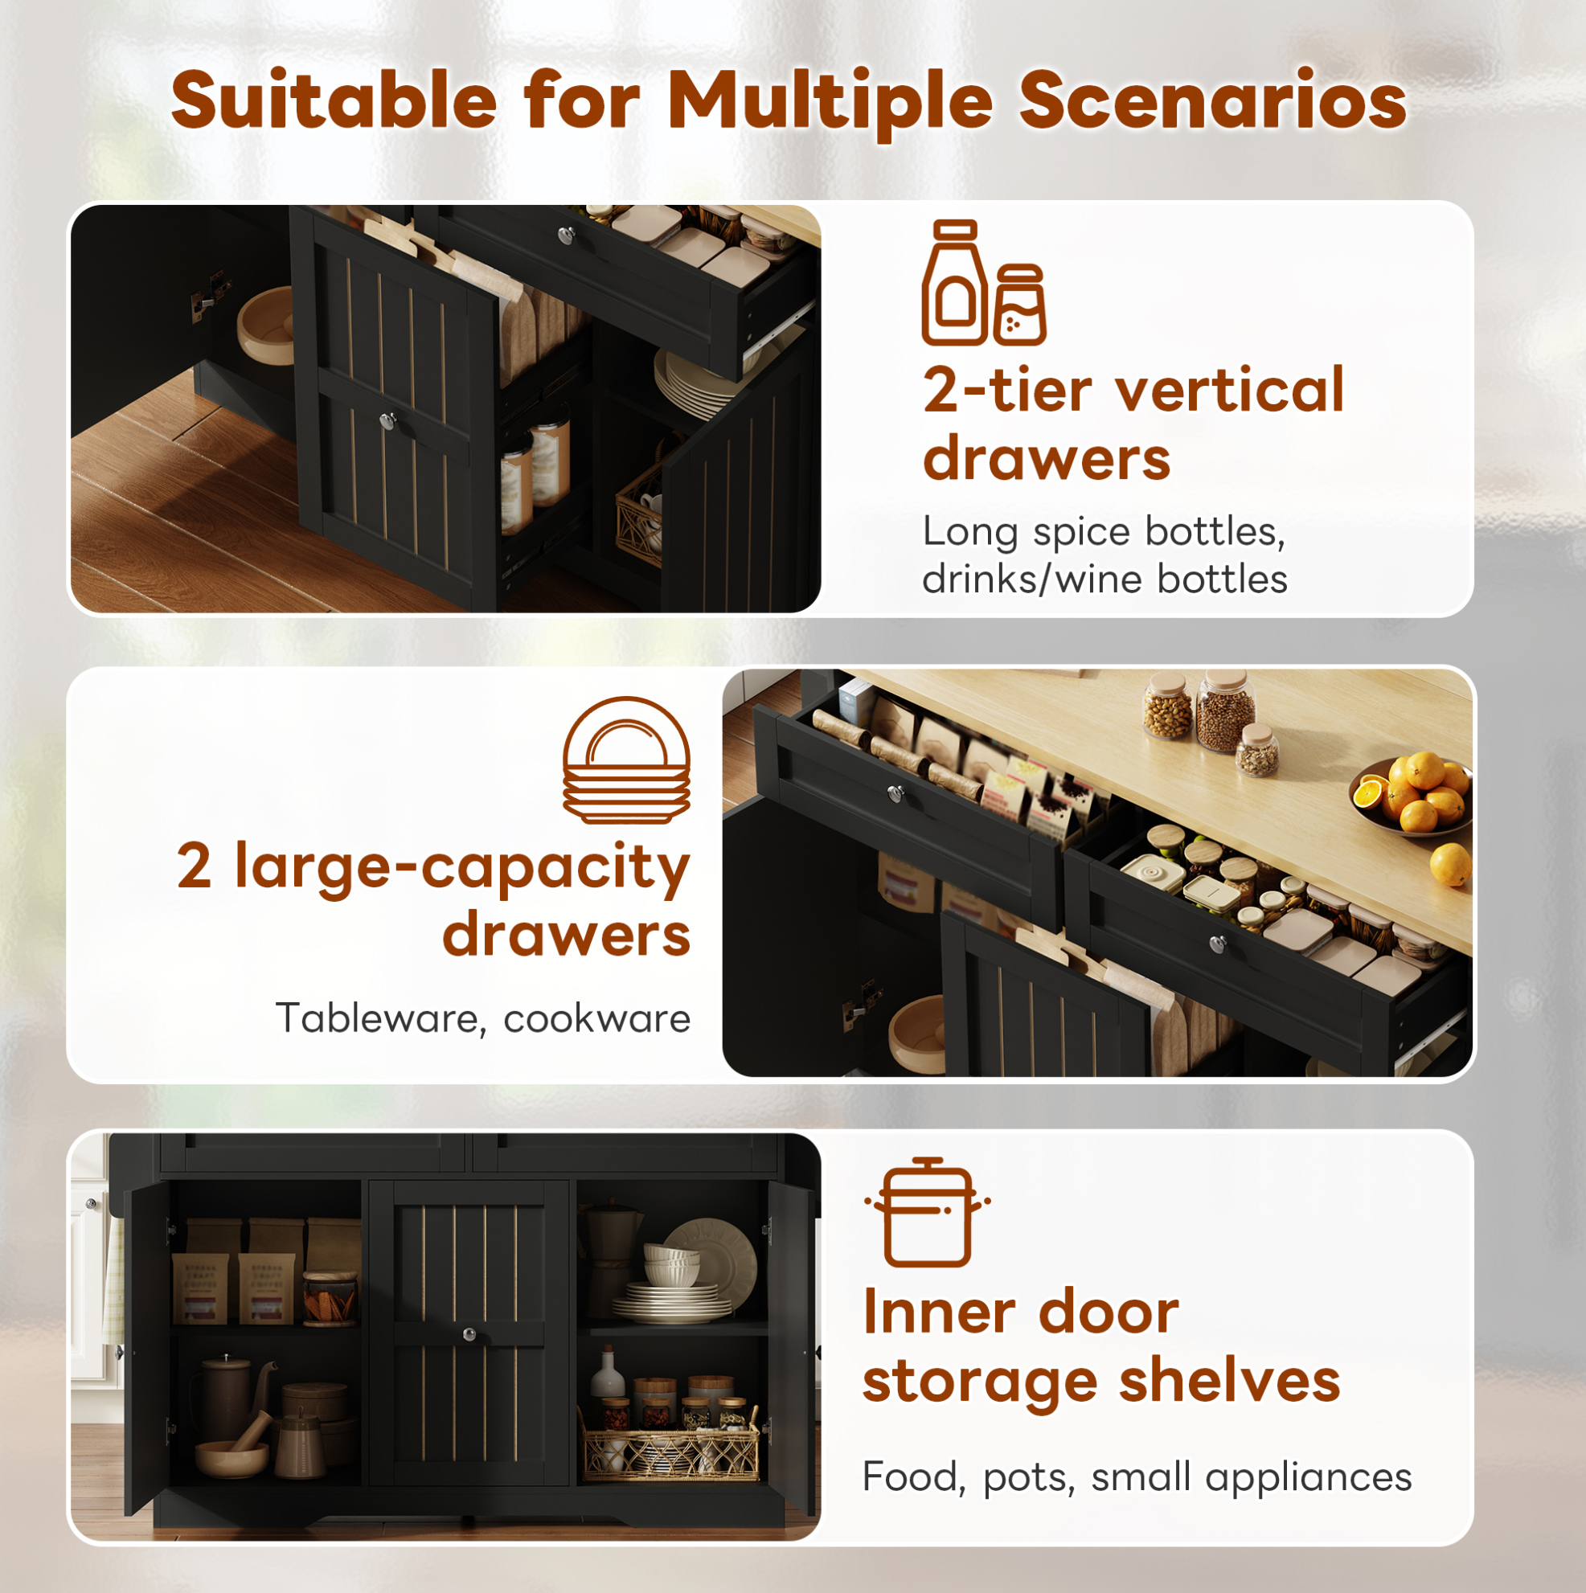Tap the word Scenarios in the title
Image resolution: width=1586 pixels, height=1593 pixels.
[1213, 100]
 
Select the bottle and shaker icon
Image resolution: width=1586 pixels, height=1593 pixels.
[983, 282]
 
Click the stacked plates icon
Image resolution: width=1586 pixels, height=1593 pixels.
[627, 760]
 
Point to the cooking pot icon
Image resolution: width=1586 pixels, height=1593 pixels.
[927, 1212]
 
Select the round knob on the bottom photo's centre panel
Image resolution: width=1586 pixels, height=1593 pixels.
[469, 1334]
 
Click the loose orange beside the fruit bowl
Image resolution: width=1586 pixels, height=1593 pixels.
[1450, 864]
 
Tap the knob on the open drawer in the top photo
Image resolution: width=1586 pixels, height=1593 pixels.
[566, 236]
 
